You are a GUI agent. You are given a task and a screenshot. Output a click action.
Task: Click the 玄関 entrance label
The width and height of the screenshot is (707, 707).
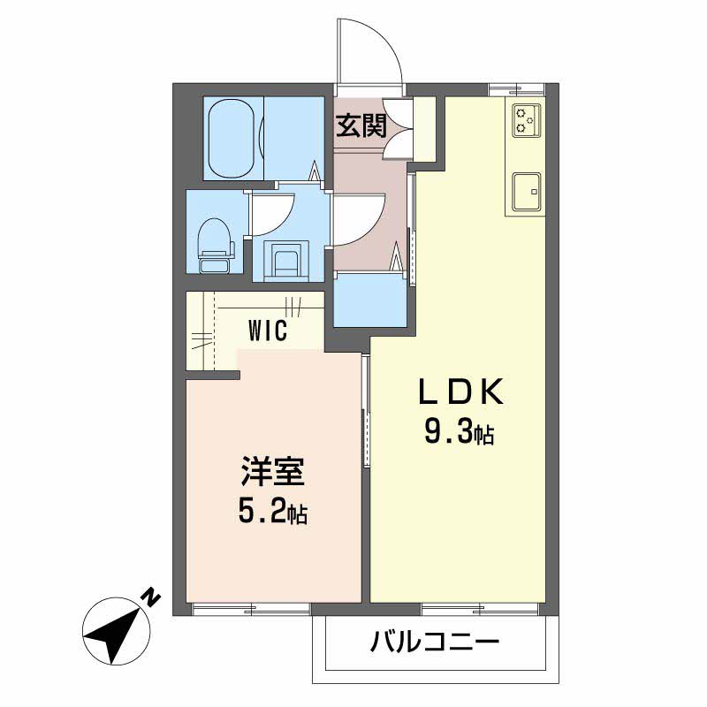pos(361,125)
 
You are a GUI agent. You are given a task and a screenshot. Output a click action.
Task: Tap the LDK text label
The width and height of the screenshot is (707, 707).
pos(460,392)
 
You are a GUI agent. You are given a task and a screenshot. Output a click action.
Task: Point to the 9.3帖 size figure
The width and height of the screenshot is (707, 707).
pos(459,431)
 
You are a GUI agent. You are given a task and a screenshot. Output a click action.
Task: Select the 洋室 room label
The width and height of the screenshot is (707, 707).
pos(273,472)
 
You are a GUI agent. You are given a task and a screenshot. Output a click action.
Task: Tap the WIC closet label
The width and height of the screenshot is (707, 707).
pos(268,331)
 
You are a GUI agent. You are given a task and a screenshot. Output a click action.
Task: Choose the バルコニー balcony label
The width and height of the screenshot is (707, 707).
pos(435,642)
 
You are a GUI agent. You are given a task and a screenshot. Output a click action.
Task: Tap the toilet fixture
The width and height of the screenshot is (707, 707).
pos(216,246)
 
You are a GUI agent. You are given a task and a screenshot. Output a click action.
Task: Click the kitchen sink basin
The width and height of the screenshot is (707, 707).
pos(526,191)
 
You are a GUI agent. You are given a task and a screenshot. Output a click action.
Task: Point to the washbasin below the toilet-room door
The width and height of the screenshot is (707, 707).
pos(286,261)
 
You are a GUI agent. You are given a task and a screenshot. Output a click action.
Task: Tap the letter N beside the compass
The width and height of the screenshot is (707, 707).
pos(153,597)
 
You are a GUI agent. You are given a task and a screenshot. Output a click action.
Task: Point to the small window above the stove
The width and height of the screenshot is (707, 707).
pos(517,89)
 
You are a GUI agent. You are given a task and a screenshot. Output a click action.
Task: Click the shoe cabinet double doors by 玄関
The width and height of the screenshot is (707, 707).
pos(398,129)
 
